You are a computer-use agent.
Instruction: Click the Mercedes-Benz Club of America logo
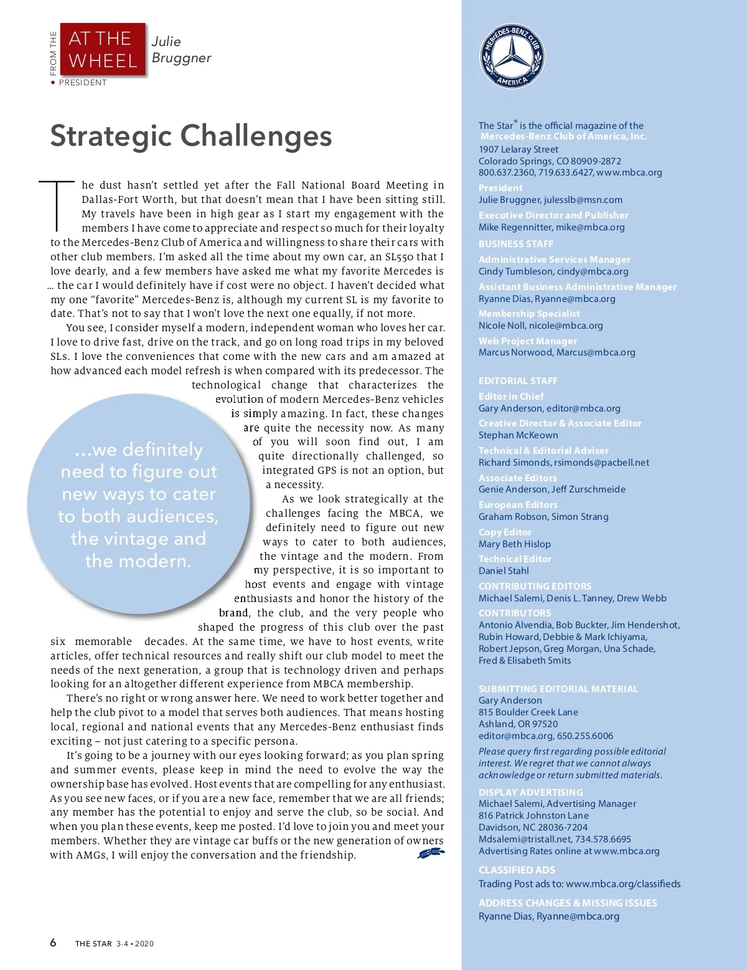pyautogui.click(x=512, y=57)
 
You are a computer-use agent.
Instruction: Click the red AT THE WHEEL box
pyautogui.click(x=103, y=50)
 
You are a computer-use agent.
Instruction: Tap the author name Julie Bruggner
pyautogui.click(x=181, y=50)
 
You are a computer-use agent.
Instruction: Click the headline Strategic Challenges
pyautogui.click(x=191, y=136)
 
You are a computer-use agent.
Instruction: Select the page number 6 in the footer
pyautogui.click(x=54, y=943)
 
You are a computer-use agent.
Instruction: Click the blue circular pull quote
pyautogui.click(x=138, y=504)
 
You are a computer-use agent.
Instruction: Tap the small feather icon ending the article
pyautogui.click(x=431, y=854)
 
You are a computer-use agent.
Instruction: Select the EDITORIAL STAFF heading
pyautogui.click(x=518, y=380)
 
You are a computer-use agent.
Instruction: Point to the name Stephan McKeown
pyautogui.click(x=518, y=435)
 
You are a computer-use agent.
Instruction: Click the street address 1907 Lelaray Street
pyautogui.click(x=519, y=149)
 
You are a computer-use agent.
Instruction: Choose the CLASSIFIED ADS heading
pyautogui.click(x=517, y=870)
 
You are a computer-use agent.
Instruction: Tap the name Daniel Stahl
pyautogui.click(x=504, y=571)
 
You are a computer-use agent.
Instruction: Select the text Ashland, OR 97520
pyautogui.click(x=518, y=724)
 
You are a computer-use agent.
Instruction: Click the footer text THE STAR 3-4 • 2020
pyautogui.click(x=115, y=944)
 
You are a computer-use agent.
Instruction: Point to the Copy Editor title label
pyautogui.click(x=505, y=532)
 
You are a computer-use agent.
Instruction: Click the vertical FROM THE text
pyautogui.click(x=54, y=54)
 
